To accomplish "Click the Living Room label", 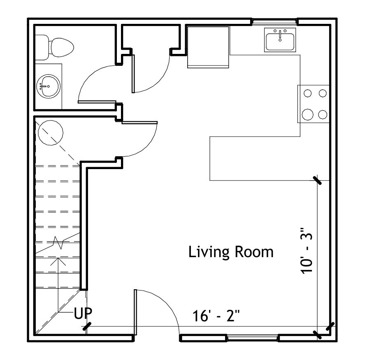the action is [231, 252].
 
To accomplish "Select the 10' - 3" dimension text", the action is [306, 251].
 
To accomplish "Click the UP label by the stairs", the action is [83, 313].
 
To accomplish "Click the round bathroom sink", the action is [49, 86].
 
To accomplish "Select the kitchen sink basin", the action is [280, 42].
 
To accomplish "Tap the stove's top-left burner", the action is [307, 93].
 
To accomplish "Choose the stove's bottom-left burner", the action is [307, 114].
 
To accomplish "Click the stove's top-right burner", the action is [323, 93].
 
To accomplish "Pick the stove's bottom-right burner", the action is [323, 114].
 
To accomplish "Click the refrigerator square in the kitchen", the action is [208, 47].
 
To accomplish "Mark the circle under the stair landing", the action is [51, 132].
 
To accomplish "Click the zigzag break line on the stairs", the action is [58, 243].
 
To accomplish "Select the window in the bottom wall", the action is [252, 338].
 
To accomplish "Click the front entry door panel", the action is [135, 312].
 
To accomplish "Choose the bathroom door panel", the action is [97, 102].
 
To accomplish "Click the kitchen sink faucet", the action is [280, 35].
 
